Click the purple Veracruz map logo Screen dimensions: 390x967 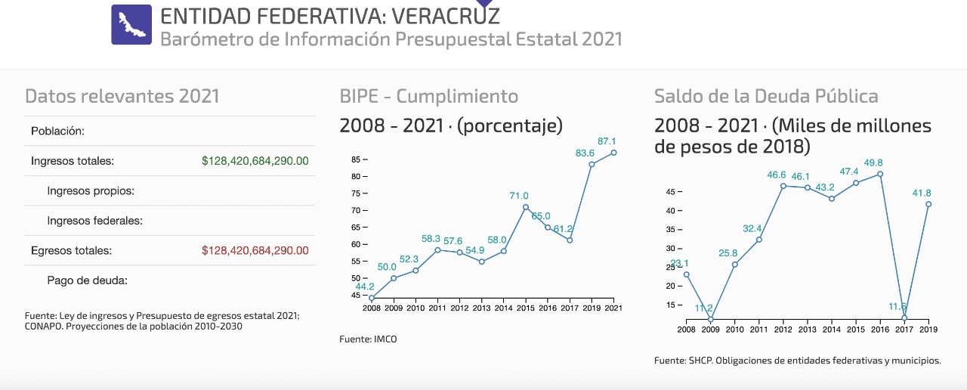pos(131,24)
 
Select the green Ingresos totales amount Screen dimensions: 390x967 pos(255,161)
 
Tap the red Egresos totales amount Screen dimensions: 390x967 pos(255,250)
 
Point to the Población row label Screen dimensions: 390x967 pos(57,132)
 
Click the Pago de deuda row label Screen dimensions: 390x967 pos(87,280)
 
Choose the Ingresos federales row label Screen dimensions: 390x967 pos(94,221)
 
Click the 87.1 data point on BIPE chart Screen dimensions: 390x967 pos(613,153)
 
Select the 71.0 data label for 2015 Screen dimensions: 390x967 pos(519,196)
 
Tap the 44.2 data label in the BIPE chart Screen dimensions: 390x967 pos(365,287)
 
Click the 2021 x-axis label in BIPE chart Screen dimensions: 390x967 pos(613,308)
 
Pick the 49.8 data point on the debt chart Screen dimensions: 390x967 pos(880,174)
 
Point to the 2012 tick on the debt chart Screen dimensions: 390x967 pos(783,330)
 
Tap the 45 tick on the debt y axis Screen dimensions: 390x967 pos(669,192)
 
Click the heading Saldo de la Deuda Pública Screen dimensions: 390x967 pos(766,97)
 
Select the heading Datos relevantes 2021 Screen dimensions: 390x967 pos(122,97)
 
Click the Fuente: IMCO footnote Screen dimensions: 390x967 pos(368,339)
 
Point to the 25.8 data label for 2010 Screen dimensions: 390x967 pos(728,253)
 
